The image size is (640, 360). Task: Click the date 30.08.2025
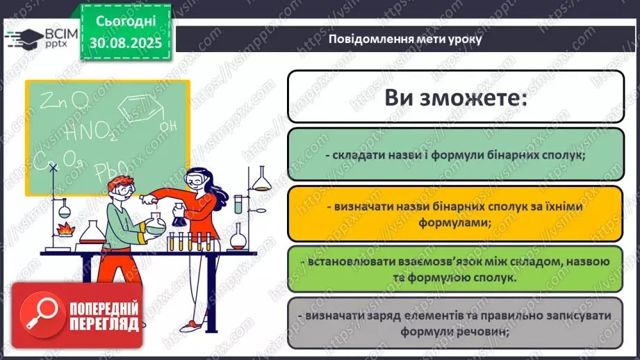125,42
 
